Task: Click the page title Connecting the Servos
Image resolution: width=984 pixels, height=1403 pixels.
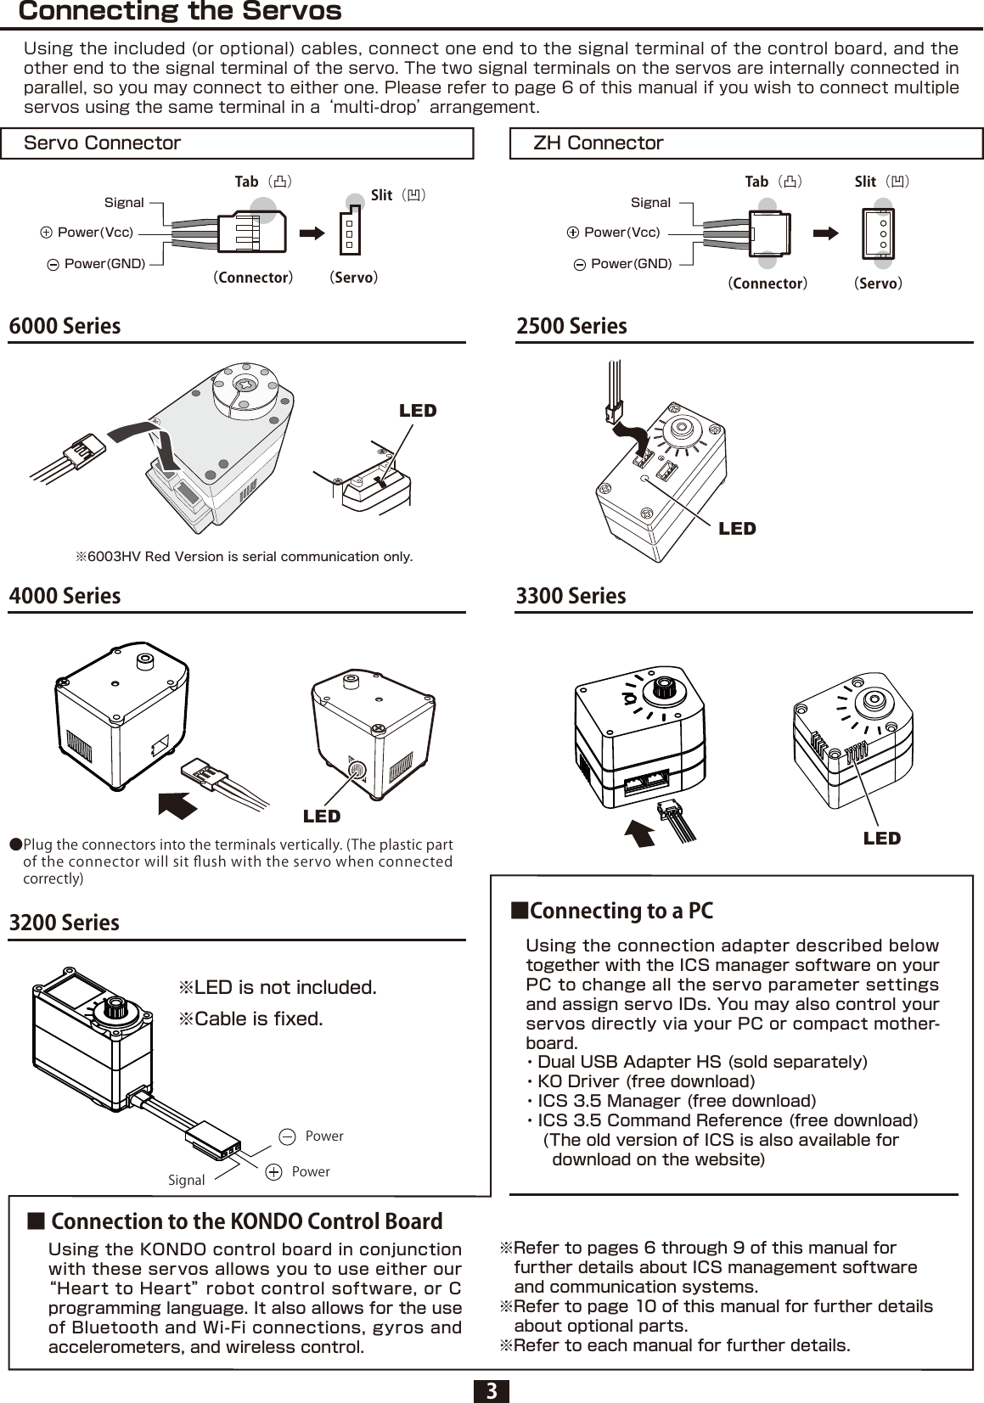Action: tap(180, 12)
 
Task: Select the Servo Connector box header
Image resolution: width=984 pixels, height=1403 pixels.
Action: tap(103, 143)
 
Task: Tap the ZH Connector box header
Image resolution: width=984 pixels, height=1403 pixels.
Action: tap(598, 143)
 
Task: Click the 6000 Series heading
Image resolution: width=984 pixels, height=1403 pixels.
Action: tap(65, 326)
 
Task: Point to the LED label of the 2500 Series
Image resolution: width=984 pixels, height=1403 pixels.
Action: tap(736, 529)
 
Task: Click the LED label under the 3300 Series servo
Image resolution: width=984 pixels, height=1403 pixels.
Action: tap(881, 839)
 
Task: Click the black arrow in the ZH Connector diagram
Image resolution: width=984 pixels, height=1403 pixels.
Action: tap(825, 232)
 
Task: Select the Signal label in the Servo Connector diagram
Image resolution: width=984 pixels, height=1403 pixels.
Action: tap(124, 202)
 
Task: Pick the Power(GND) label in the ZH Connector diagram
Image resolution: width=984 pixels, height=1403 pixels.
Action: tap(631, 264)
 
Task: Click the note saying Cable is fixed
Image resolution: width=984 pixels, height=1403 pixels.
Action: tap(250, 1019)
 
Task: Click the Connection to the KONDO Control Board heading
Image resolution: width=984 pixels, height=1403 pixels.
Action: tap(246, 1221)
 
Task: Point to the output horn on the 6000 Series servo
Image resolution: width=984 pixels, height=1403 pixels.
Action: tap(245, 386)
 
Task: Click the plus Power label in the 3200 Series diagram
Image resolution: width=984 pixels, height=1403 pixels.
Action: tap(310, 1171)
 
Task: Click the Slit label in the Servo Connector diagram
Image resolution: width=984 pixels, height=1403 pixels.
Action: tap(382, 195)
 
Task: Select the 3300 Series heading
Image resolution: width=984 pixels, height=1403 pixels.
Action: tap(571, 596)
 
